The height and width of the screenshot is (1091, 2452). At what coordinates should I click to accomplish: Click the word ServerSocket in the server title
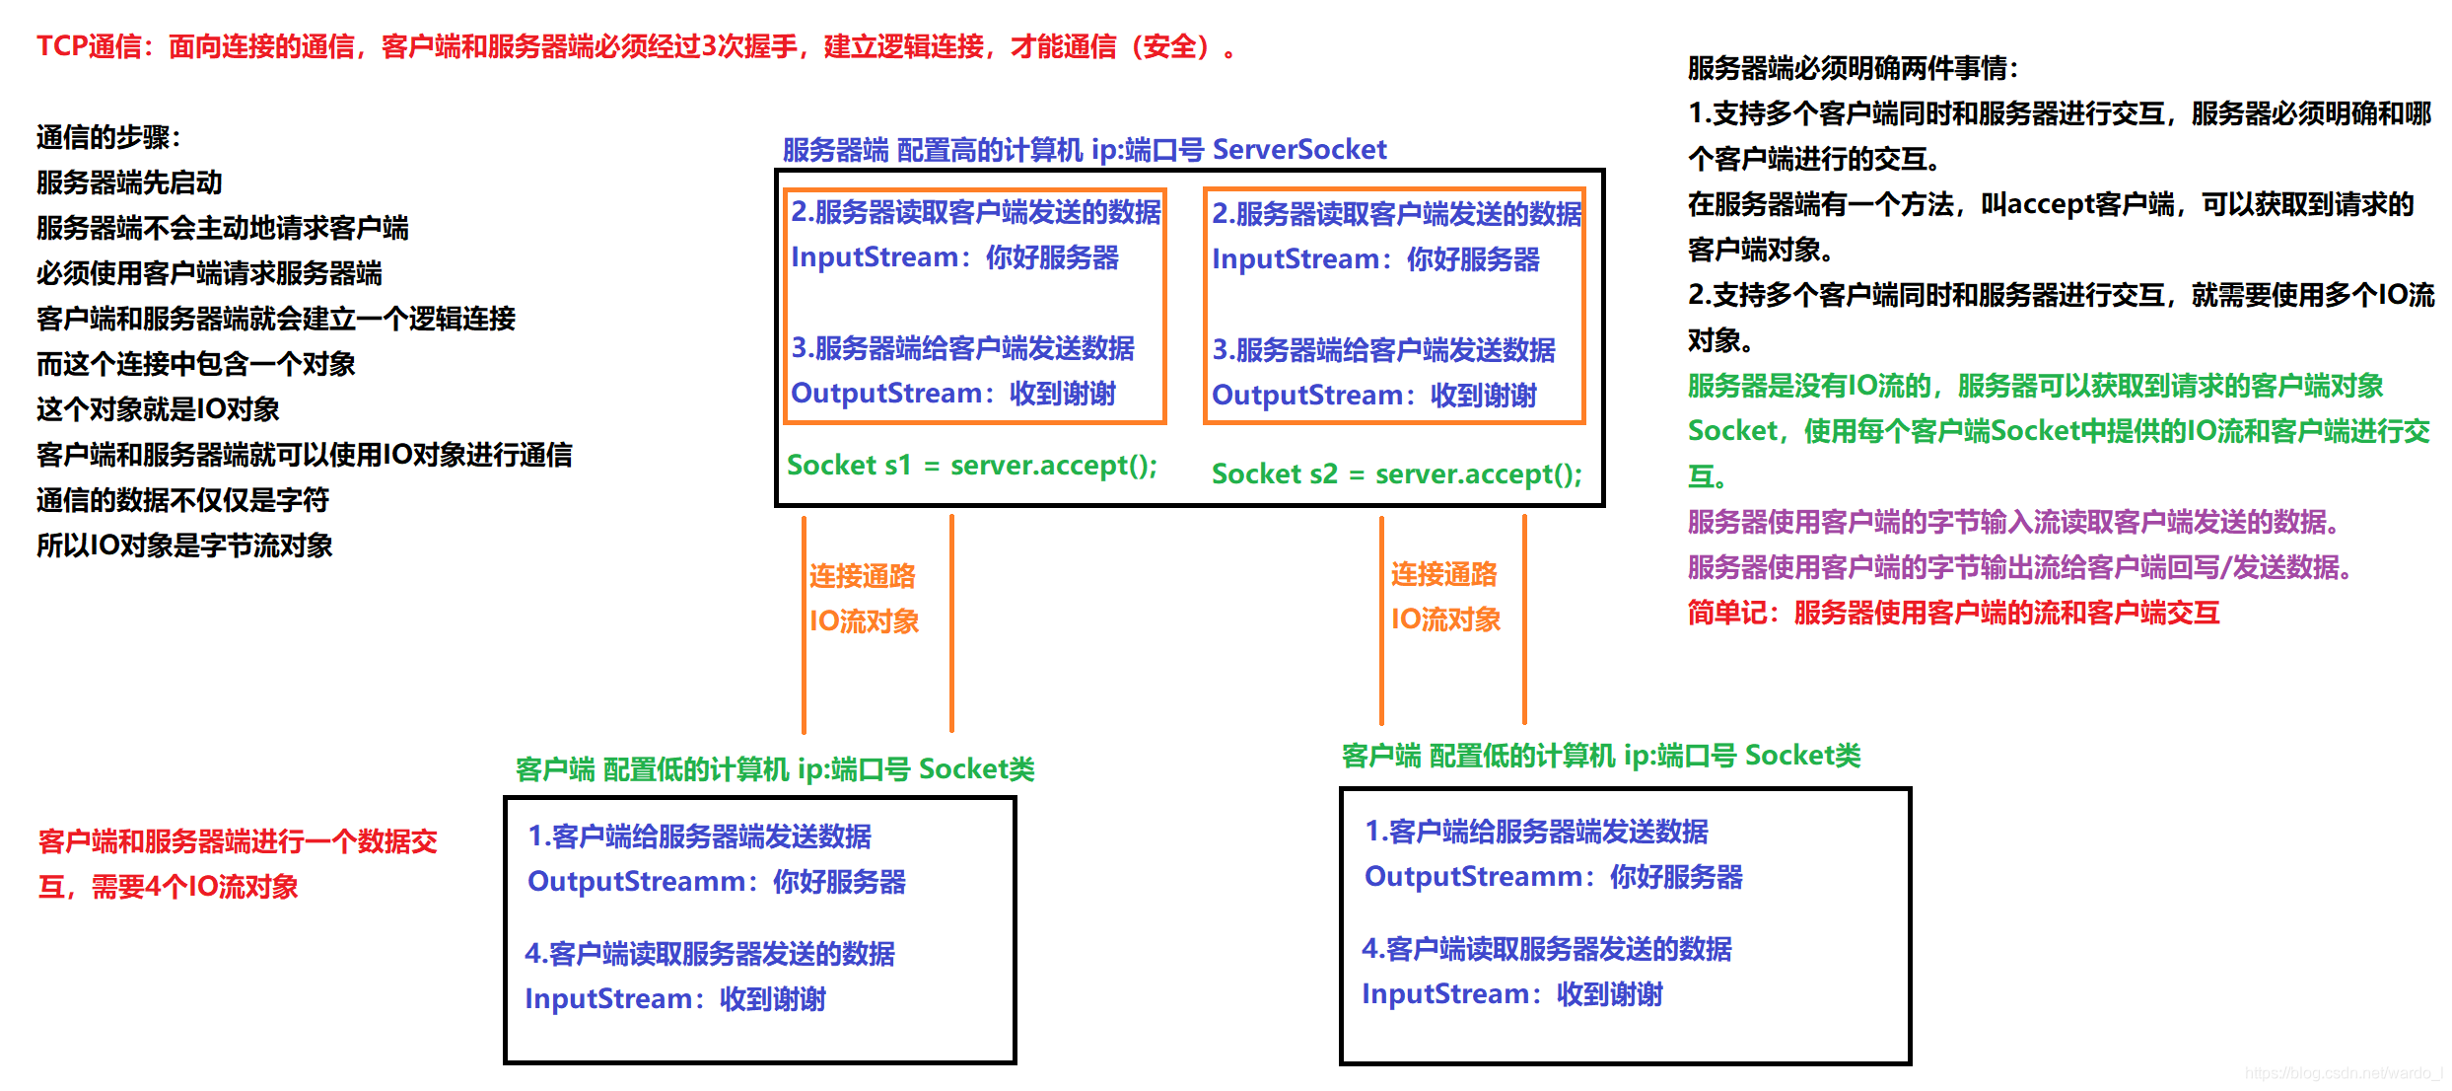point(1298,150)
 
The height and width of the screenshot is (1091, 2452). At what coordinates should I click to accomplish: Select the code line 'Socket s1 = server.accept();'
point(971,465)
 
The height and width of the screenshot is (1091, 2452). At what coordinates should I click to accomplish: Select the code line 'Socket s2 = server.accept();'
point(1396,474)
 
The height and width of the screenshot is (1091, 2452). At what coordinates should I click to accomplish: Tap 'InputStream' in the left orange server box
point(875,257)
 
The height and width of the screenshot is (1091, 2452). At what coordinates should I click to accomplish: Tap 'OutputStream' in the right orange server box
point(1307,396)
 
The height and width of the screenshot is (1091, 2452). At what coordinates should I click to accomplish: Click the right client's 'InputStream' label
point(1444,994)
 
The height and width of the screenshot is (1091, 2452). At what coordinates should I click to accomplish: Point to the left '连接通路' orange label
point(863,576)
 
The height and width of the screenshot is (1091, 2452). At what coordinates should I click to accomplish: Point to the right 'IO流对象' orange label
point(1445,619)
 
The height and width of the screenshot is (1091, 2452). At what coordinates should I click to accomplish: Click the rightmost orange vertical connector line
point(1524,619)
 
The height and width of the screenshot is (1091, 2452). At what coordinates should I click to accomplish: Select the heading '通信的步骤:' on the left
point(108,137)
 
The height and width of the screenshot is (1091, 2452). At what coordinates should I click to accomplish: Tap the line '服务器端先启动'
point(129,182)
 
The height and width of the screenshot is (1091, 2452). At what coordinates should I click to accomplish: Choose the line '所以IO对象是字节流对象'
point(184,545)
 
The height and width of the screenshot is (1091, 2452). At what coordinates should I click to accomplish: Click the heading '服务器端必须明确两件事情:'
point(1853,68)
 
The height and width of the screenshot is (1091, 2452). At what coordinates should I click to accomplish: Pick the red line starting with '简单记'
point(1953,613)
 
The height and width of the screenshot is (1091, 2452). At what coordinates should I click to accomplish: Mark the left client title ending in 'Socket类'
point(775,769)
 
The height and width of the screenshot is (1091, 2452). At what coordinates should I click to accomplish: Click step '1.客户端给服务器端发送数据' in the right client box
point(1536,832)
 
